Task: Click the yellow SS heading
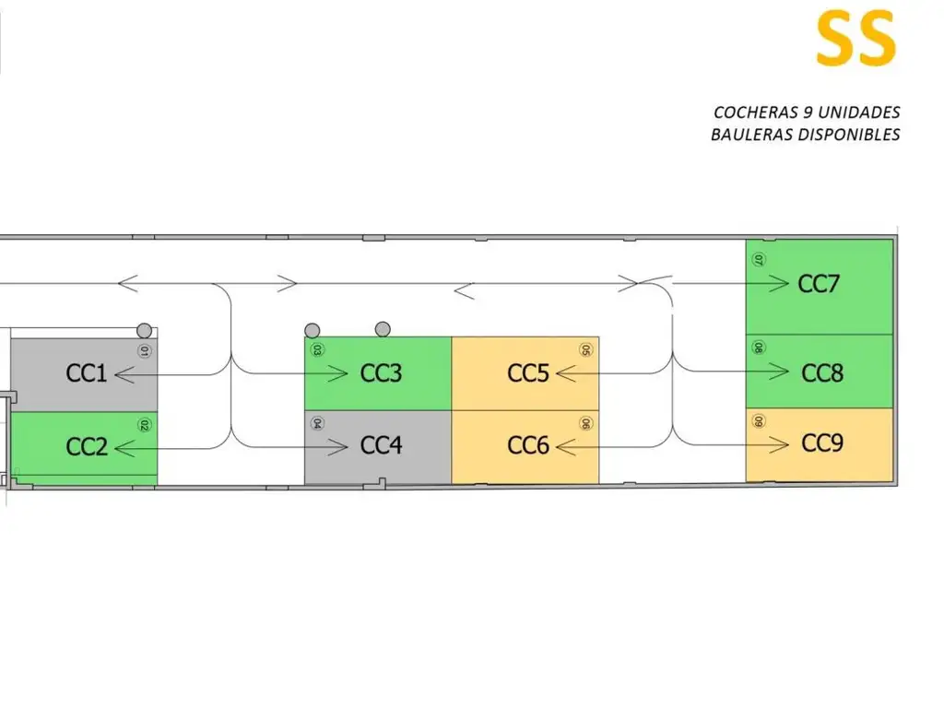pos(855,39)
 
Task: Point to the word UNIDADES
pos(859,112)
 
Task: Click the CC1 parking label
pos(87,373)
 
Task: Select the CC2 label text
pos(87,447)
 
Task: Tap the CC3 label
pos(381,373)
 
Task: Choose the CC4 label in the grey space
pos(381,446)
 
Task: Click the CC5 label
pos(528,373)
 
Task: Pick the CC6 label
pos(528,446)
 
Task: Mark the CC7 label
pos(819,283)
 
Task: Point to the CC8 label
pos(822,373)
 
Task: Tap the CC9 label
pos(822,443)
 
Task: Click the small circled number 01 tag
pos(144,351)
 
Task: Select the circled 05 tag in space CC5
pos(585,350)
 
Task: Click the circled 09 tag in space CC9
pos(759,421)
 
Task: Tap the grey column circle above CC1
pos(143,330)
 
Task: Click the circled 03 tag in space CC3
pos(317,350)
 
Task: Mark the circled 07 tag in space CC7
pos(759,260)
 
